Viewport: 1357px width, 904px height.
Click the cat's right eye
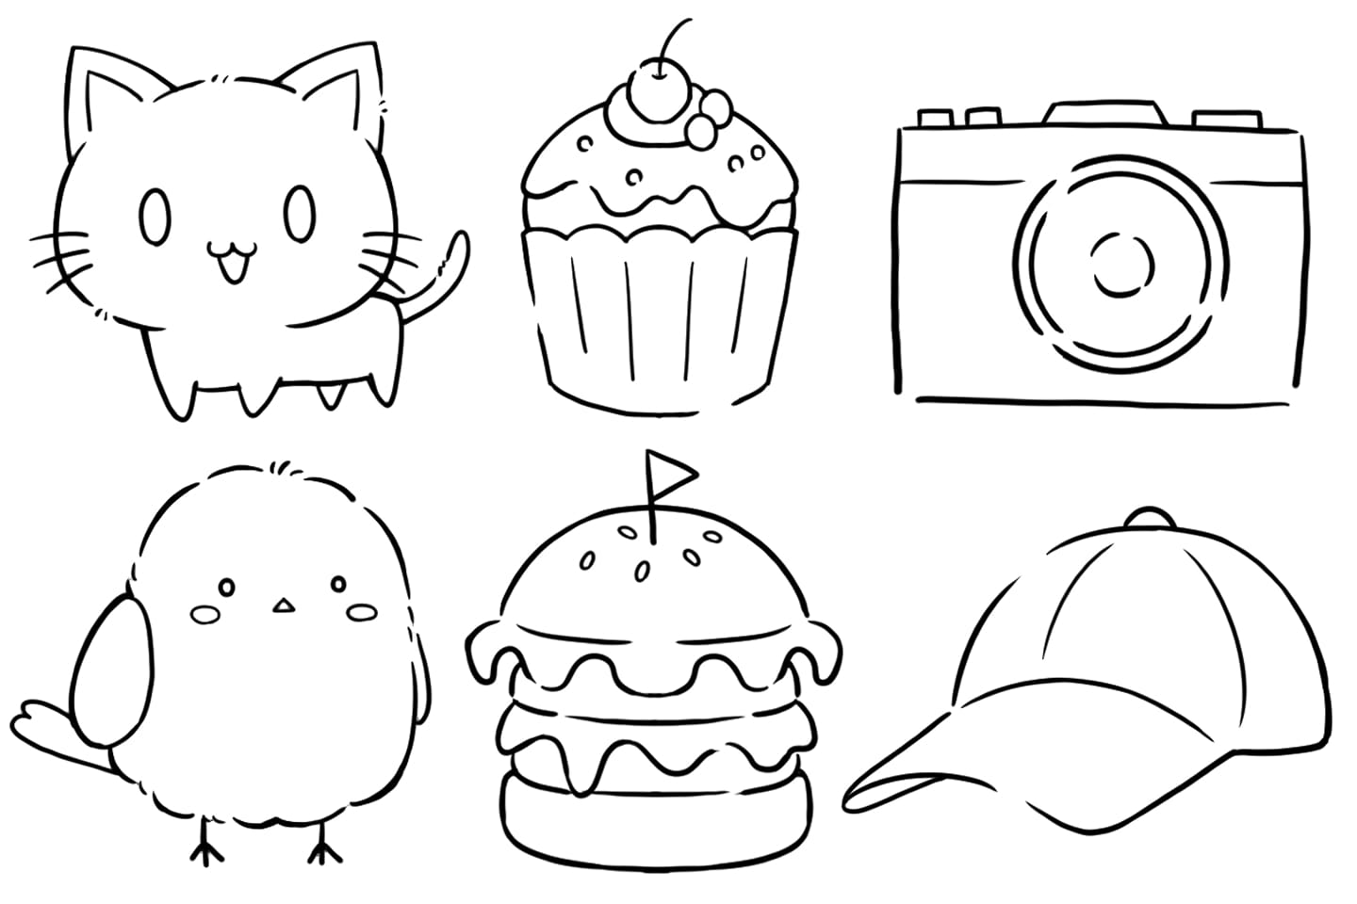(x=301, y=211)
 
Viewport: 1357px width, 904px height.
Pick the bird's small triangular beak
(x=280, y=606)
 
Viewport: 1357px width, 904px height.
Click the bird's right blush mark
(x=361, y=613)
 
